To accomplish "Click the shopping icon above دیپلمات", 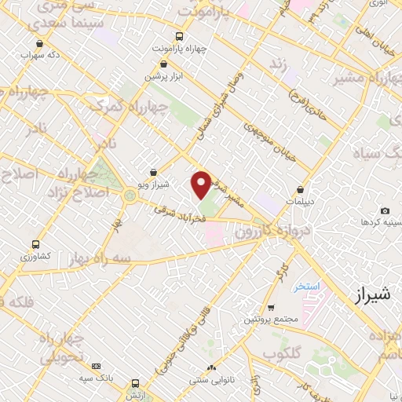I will (x=301, y=189).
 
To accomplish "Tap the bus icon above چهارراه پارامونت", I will (x=179, y=36).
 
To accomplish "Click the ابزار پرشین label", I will (x=163, y=76).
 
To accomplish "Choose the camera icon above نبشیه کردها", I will (x=385, y=211).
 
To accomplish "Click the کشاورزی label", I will (x=34, y=257).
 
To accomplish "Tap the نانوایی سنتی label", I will (x=210, y=380).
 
